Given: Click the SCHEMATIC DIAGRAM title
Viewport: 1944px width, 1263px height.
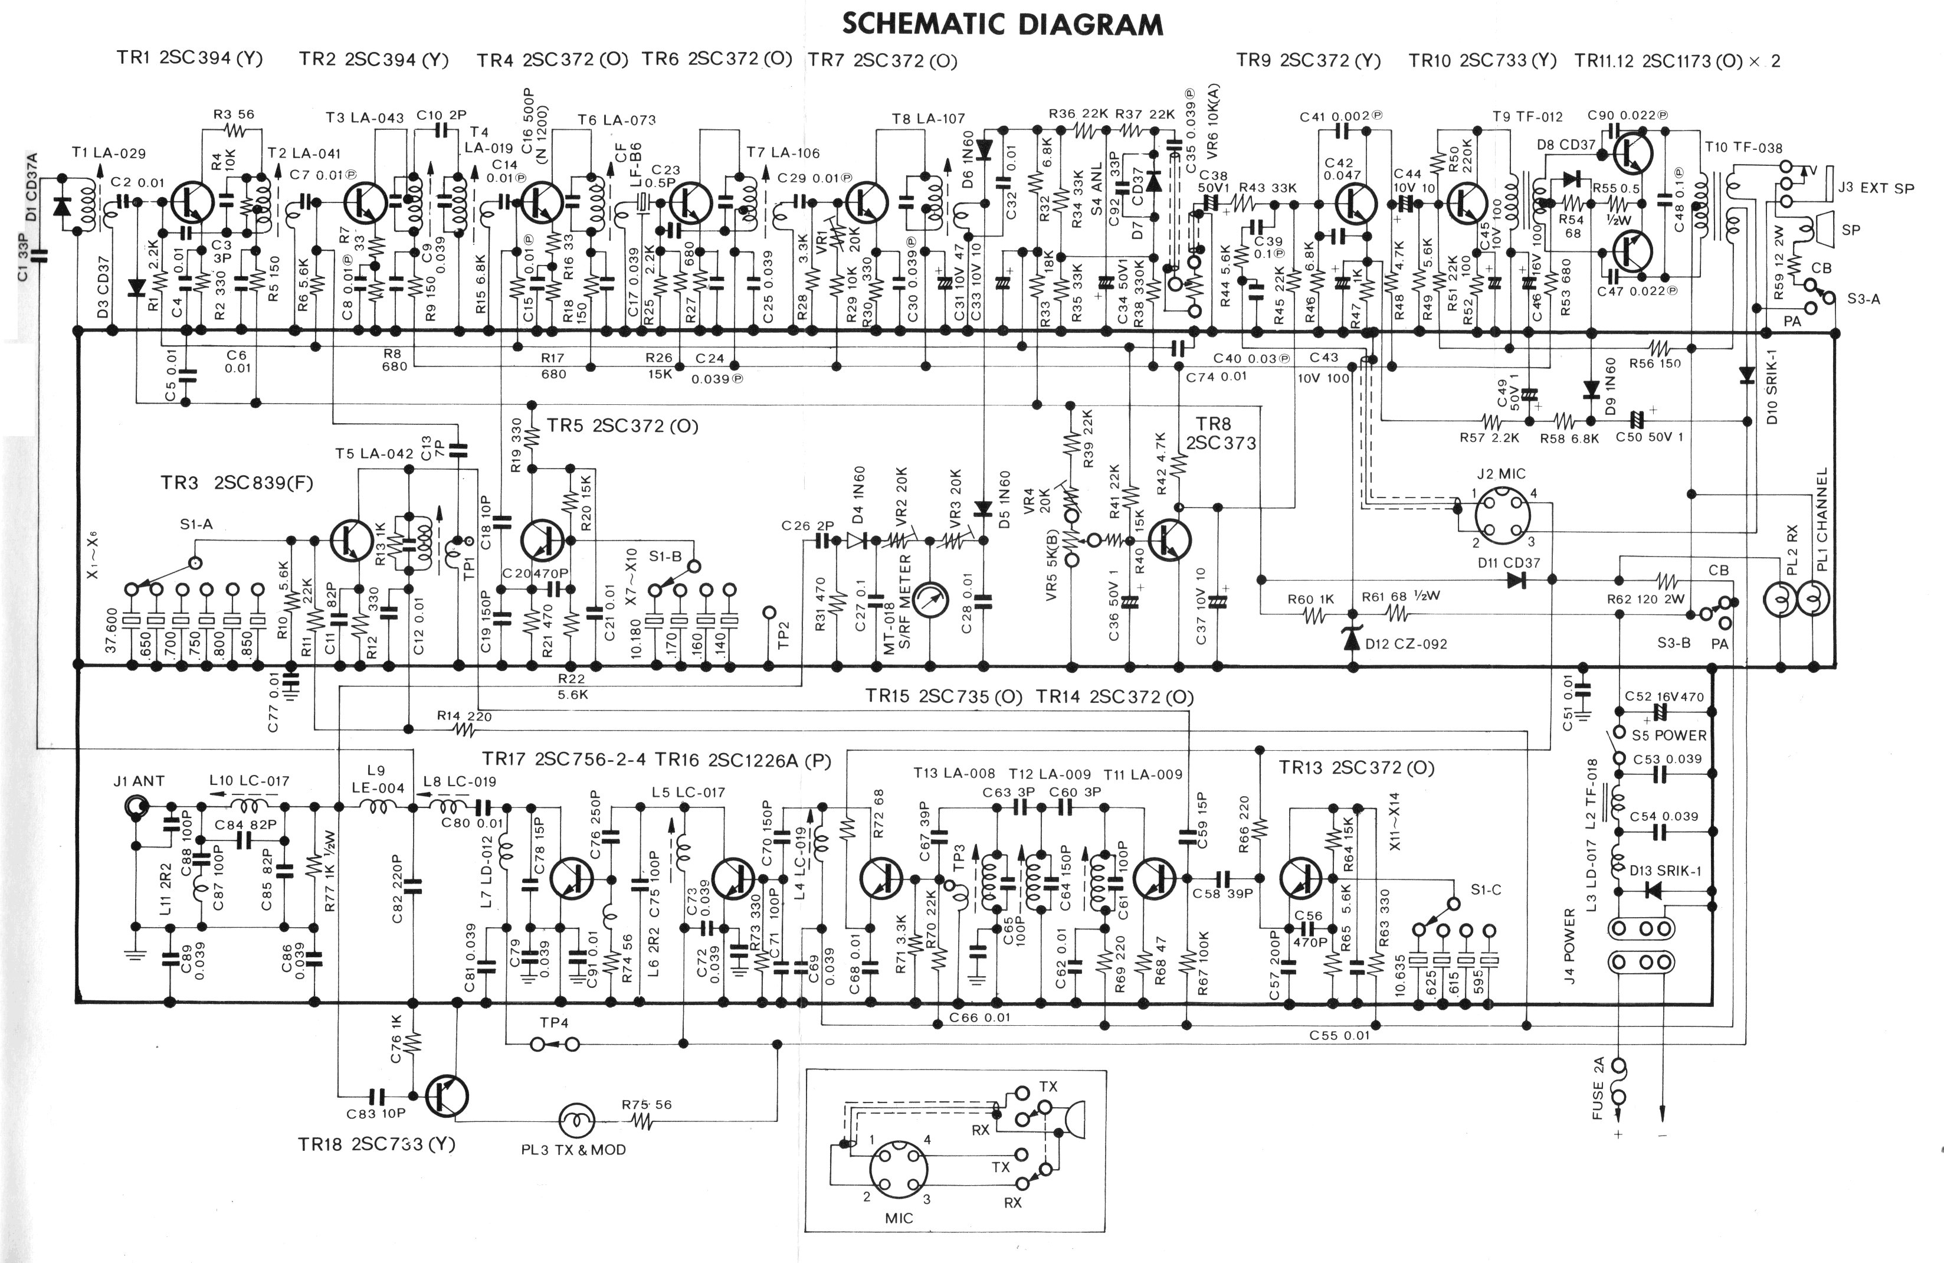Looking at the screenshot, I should [1002, 25].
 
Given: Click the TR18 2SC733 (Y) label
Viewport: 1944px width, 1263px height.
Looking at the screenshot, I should [376, 1144].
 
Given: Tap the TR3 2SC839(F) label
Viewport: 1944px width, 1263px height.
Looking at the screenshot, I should [237, 483].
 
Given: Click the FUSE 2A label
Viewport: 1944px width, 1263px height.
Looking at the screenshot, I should [1598, 1088].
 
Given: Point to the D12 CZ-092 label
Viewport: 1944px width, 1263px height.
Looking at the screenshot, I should [1406, 644].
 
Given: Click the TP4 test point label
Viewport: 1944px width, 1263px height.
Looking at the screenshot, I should [554, 1022].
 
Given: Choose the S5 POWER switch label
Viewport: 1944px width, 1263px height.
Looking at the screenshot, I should [1668, 735].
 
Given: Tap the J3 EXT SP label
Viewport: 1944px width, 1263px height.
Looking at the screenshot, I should [1876, 188].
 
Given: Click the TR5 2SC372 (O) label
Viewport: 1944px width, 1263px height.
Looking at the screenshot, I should [622, 426].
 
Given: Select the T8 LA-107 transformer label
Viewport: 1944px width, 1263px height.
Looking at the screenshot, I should [928, 119].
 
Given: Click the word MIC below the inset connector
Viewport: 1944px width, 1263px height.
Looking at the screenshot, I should [899, 1218].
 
